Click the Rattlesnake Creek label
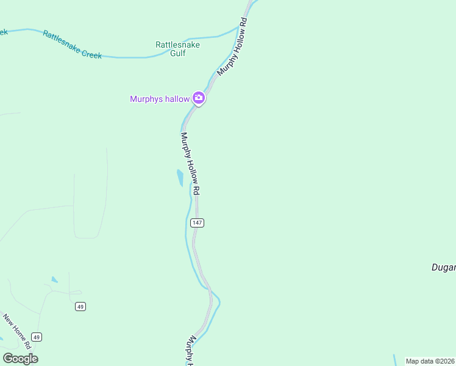(71, 45)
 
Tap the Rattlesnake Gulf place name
(177, 49)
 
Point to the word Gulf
(177, 53)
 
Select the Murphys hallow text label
(160, 99)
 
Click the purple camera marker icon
(198, 98)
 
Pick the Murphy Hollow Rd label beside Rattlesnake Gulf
(232, 47)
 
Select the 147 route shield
(196, 223)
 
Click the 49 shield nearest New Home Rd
(37, 337)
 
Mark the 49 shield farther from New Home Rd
(80, 306)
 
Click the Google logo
(20, 359)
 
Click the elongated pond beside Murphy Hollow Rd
(180, 178)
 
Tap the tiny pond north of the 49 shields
(55, 280)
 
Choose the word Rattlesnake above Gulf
(177, 45)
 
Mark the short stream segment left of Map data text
(394, 361)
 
